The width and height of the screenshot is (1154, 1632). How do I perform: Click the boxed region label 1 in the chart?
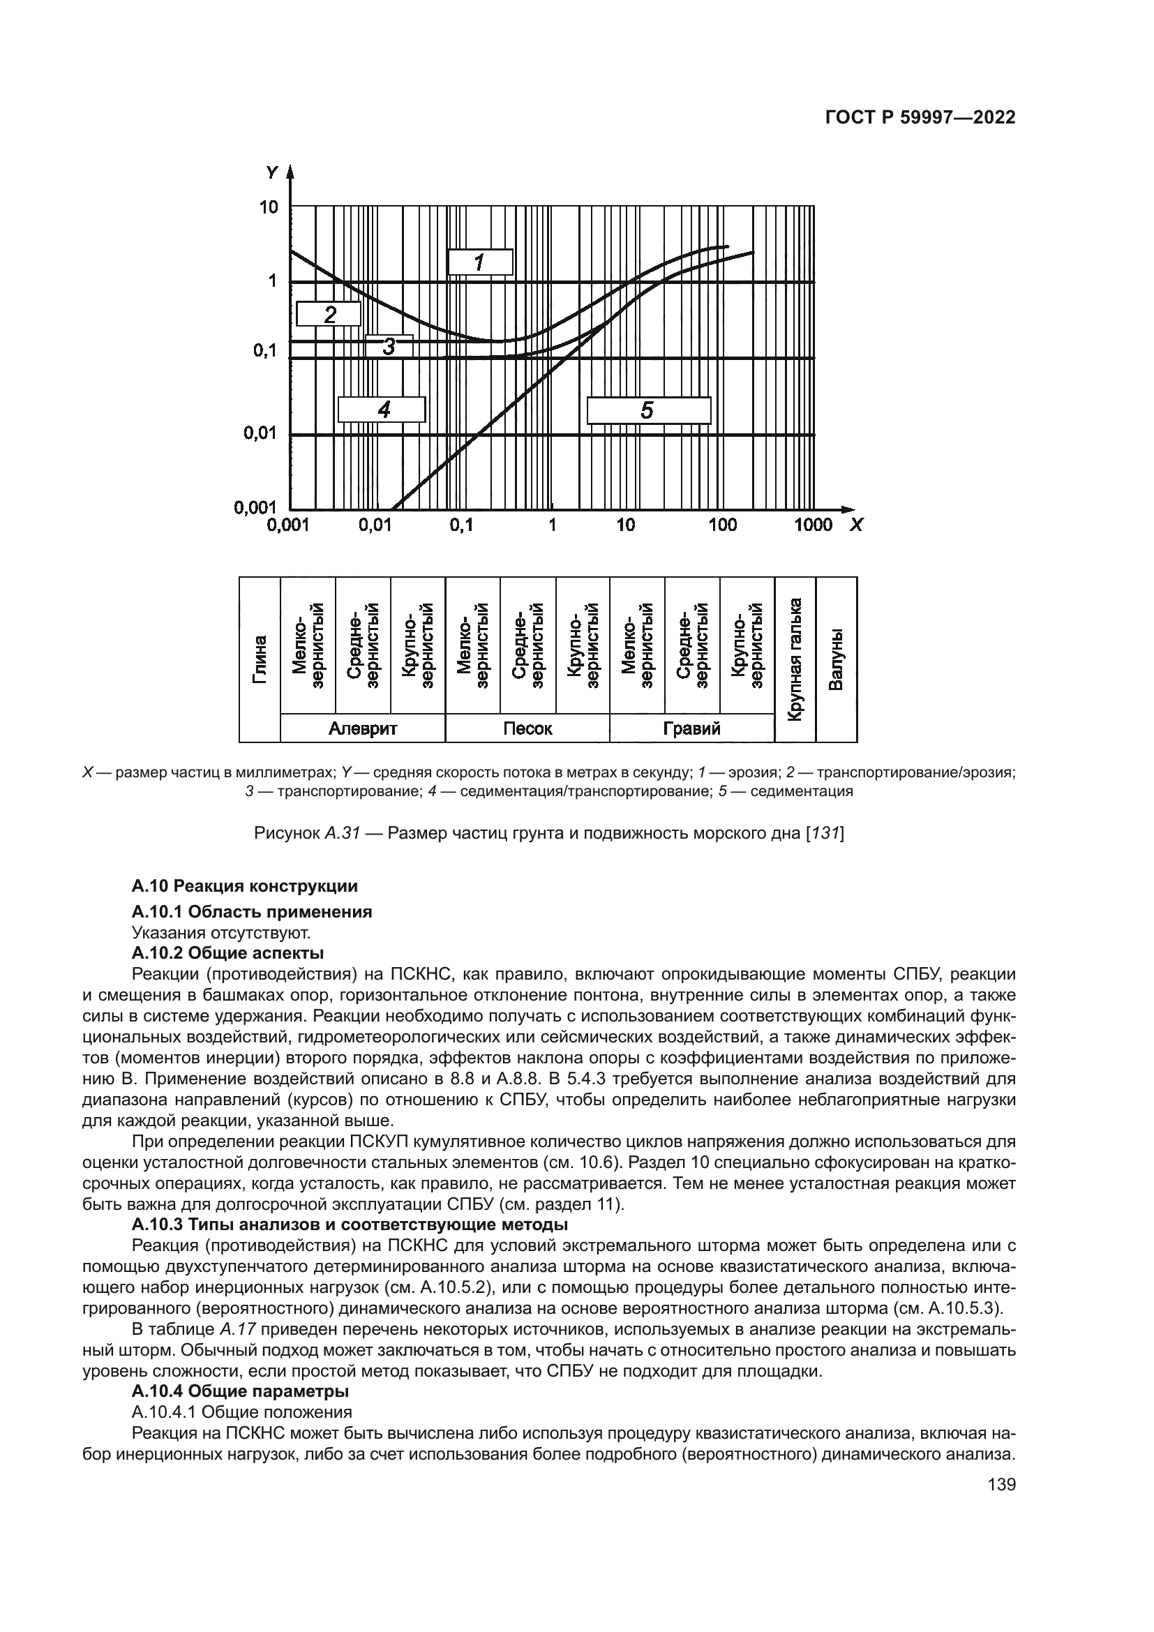(479, 262)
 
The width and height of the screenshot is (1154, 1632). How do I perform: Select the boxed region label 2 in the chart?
(329, 313)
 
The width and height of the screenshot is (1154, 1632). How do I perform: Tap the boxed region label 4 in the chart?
(382, 410)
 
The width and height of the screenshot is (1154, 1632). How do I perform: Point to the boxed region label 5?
(648, 410)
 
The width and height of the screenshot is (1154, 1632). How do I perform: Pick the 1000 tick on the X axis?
(813, 525)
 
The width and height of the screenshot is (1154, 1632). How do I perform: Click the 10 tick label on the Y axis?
(269, 207)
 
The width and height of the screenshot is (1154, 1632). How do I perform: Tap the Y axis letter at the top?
(272, 172)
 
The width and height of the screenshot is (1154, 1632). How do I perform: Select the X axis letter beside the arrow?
(856, 525)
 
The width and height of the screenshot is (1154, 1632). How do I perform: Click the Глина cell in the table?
(260, 659)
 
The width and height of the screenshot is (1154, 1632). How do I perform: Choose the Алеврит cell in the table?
(362, 728)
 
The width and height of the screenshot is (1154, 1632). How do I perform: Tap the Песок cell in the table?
(527, 728)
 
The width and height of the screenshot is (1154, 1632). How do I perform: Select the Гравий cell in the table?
(691, 728)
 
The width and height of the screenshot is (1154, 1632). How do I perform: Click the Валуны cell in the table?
(837, 659)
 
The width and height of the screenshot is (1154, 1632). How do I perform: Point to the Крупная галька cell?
(795, 659)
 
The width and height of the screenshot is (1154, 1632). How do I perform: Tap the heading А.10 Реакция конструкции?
(244, 886)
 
